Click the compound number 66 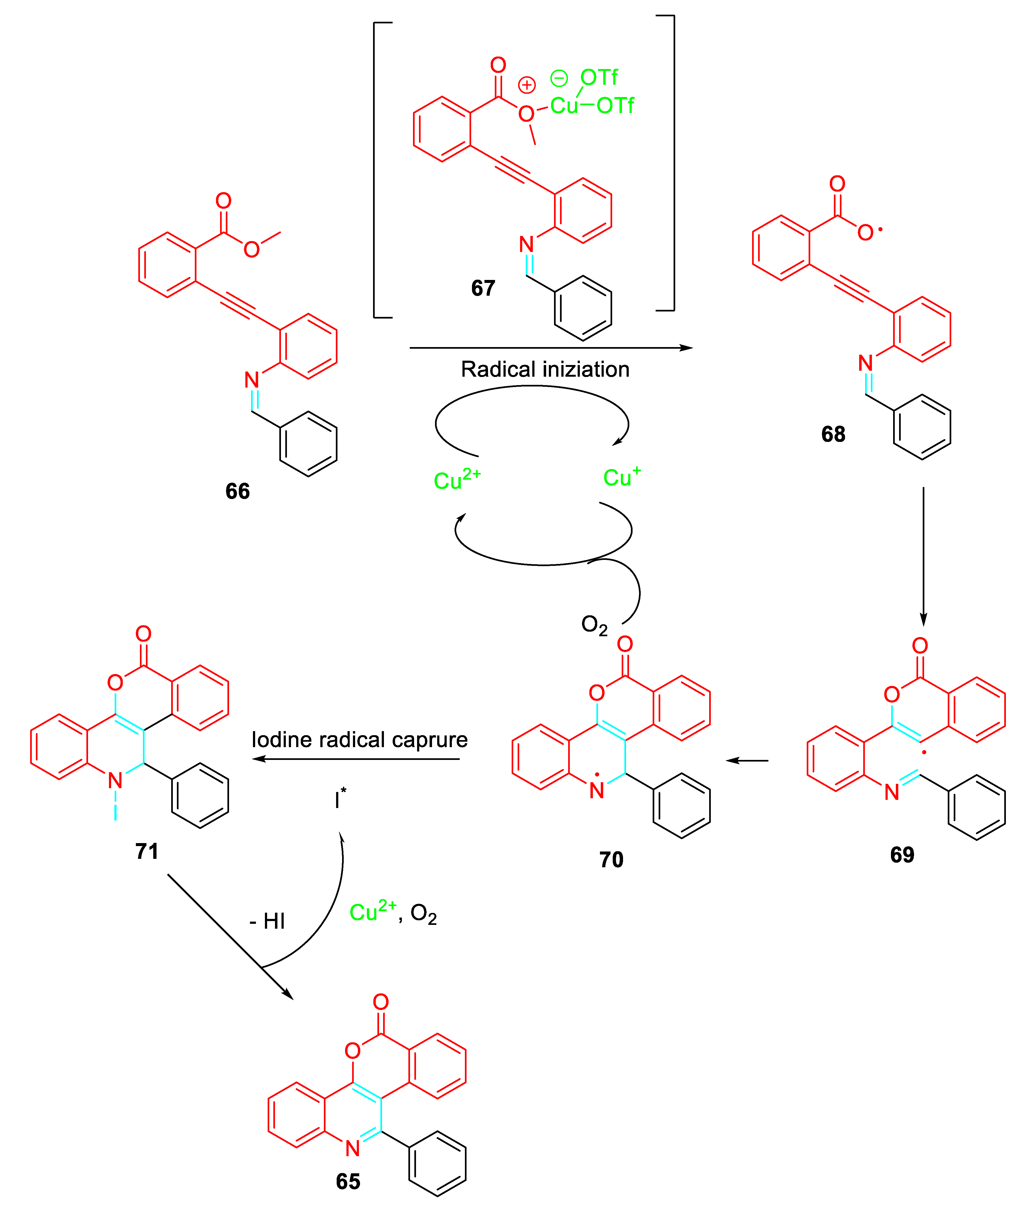(237, 491)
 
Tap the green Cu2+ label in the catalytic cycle (457, 479)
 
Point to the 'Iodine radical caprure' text (359, 740)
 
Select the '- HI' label (267, 921)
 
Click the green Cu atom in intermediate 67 (564, 105)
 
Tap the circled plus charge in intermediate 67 (527, 85)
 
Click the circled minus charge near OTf (559, 78)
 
